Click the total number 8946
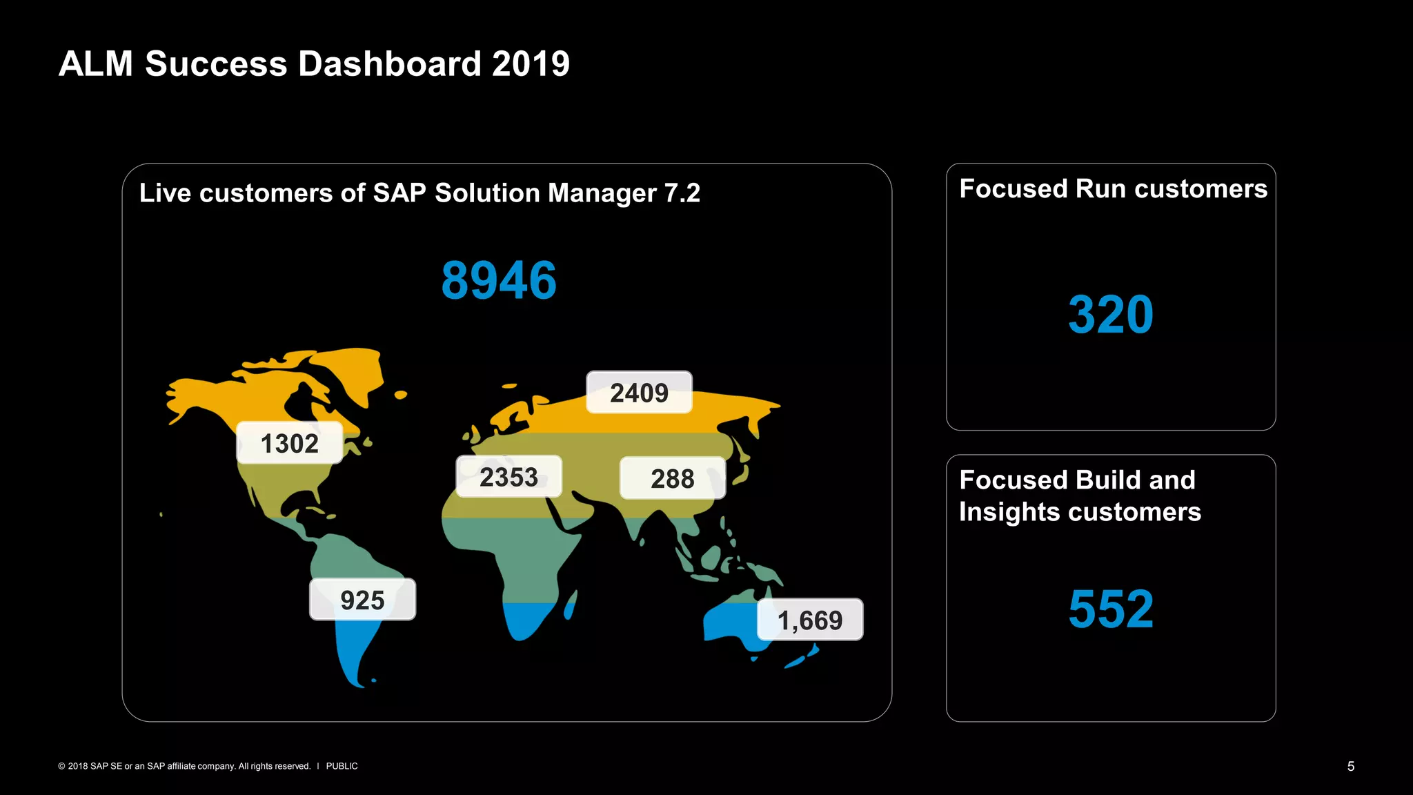click(x=499, y=281)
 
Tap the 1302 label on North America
click(x=289, y=444)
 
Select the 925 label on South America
click(x=362, y=600)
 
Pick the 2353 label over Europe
click(x=508, y=477)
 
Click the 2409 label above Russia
click(x=639, y=393)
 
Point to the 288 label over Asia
click(x=672, y=478)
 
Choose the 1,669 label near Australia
click(x=810, y=620)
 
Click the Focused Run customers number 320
click(x=1110, y=315)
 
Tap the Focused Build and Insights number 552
click(x=1110, y=609)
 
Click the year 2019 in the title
click(x=531, y=64)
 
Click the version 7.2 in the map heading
click(x=682, y=193)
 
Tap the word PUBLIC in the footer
click(x=342, y=766)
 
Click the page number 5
click(x=1350, y=766)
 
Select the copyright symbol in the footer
click(x=61, y=766)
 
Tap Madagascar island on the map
click(x=570, y=607)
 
